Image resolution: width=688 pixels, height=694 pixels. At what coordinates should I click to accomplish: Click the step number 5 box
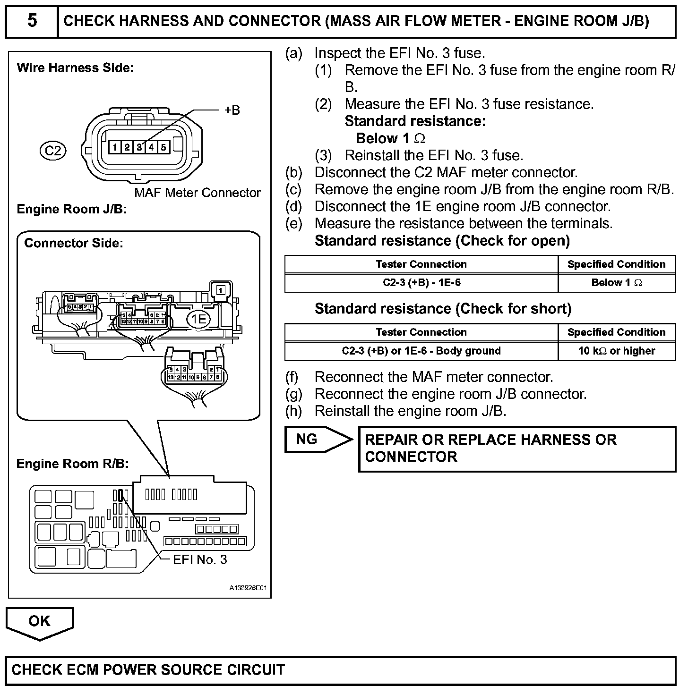32,21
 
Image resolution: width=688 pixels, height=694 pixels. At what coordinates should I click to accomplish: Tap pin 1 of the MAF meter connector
115,147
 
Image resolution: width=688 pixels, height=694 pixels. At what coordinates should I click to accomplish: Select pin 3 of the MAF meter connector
139,147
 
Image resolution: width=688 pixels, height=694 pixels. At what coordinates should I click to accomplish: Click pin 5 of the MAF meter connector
163,147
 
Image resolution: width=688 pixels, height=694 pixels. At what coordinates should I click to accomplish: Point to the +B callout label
232,110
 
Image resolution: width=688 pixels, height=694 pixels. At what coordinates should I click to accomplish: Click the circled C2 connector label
53,151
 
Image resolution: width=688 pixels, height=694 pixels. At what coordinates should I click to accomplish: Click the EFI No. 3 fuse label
200,560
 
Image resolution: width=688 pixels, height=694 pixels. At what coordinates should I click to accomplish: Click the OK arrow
40,622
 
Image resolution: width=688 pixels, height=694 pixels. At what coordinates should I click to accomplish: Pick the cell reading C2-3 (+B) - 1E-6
421,283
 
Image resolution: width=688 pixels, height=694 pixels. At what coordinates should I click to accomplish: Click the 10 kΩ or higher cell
616,351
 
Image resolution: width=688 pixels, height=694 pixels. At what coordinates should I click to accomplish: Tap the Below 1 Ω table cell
616,283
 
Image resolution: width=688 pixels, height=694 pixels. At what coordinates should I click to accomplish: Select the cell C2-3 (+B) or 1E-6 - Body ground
421,351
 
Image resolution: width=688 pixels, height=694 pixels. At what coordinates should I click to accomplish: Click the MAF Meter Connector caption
197,193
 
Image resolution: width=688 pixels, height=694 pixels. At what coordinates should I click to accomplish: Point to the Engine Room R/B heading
73,464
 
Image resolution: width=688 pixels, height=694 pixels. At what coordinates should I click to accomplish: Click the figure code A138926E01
248,588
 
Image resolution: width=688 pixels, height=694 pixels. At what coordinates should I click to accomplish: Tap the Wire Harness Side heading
75,68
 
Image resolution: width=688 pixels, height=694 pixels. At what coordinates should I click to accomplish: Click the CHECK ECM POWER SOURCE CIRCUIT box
340,670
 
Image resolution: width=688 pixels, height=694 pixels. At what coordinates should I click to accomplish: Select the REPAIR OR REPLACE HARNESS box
517,449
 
